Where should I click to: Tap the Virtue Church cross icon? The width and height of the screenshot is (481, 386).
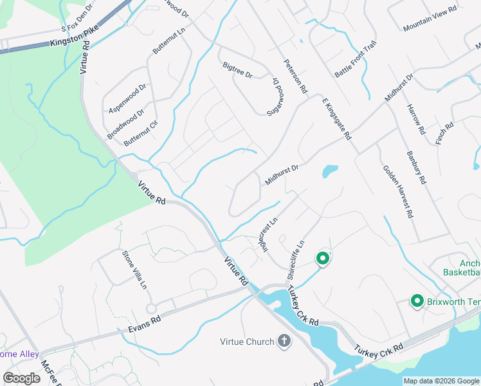pos(284,341)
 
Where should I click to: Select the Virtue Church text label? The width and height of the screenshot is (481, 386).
pos(247,342)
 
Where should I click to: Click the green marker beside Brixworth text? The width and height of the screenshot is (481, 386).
pos(416,300)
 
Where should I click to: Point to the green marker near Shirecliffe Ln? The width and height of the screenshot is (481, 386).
pos(322,259)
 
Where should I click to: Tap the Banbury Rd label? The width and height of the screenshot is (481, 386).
pos(416,167)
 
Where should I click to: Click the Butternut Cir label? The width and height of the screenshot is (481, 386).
pos(141,131)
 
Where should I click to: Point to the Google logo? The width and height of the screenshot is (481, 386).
pos(21,378)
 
